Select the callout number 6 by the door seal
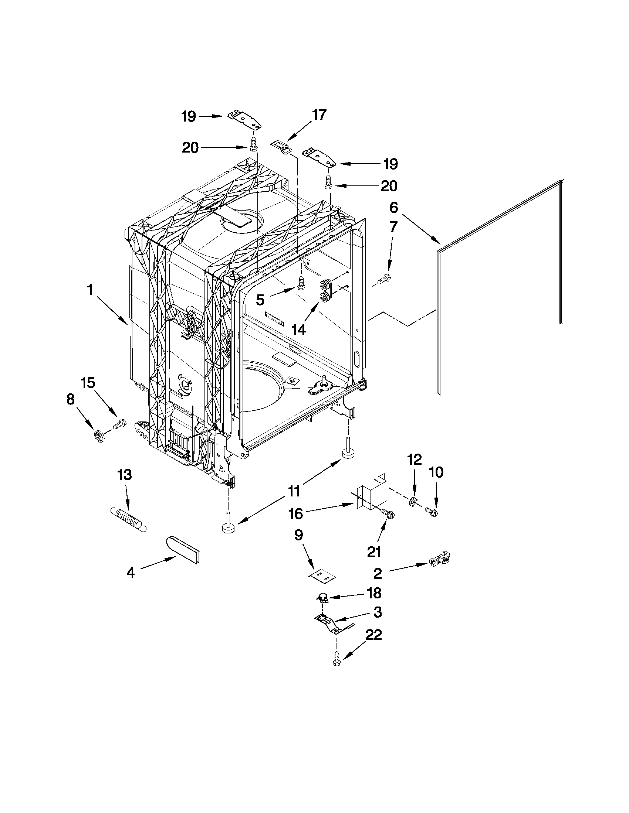coord(394,208)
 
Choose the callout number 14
coord(298,329)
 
